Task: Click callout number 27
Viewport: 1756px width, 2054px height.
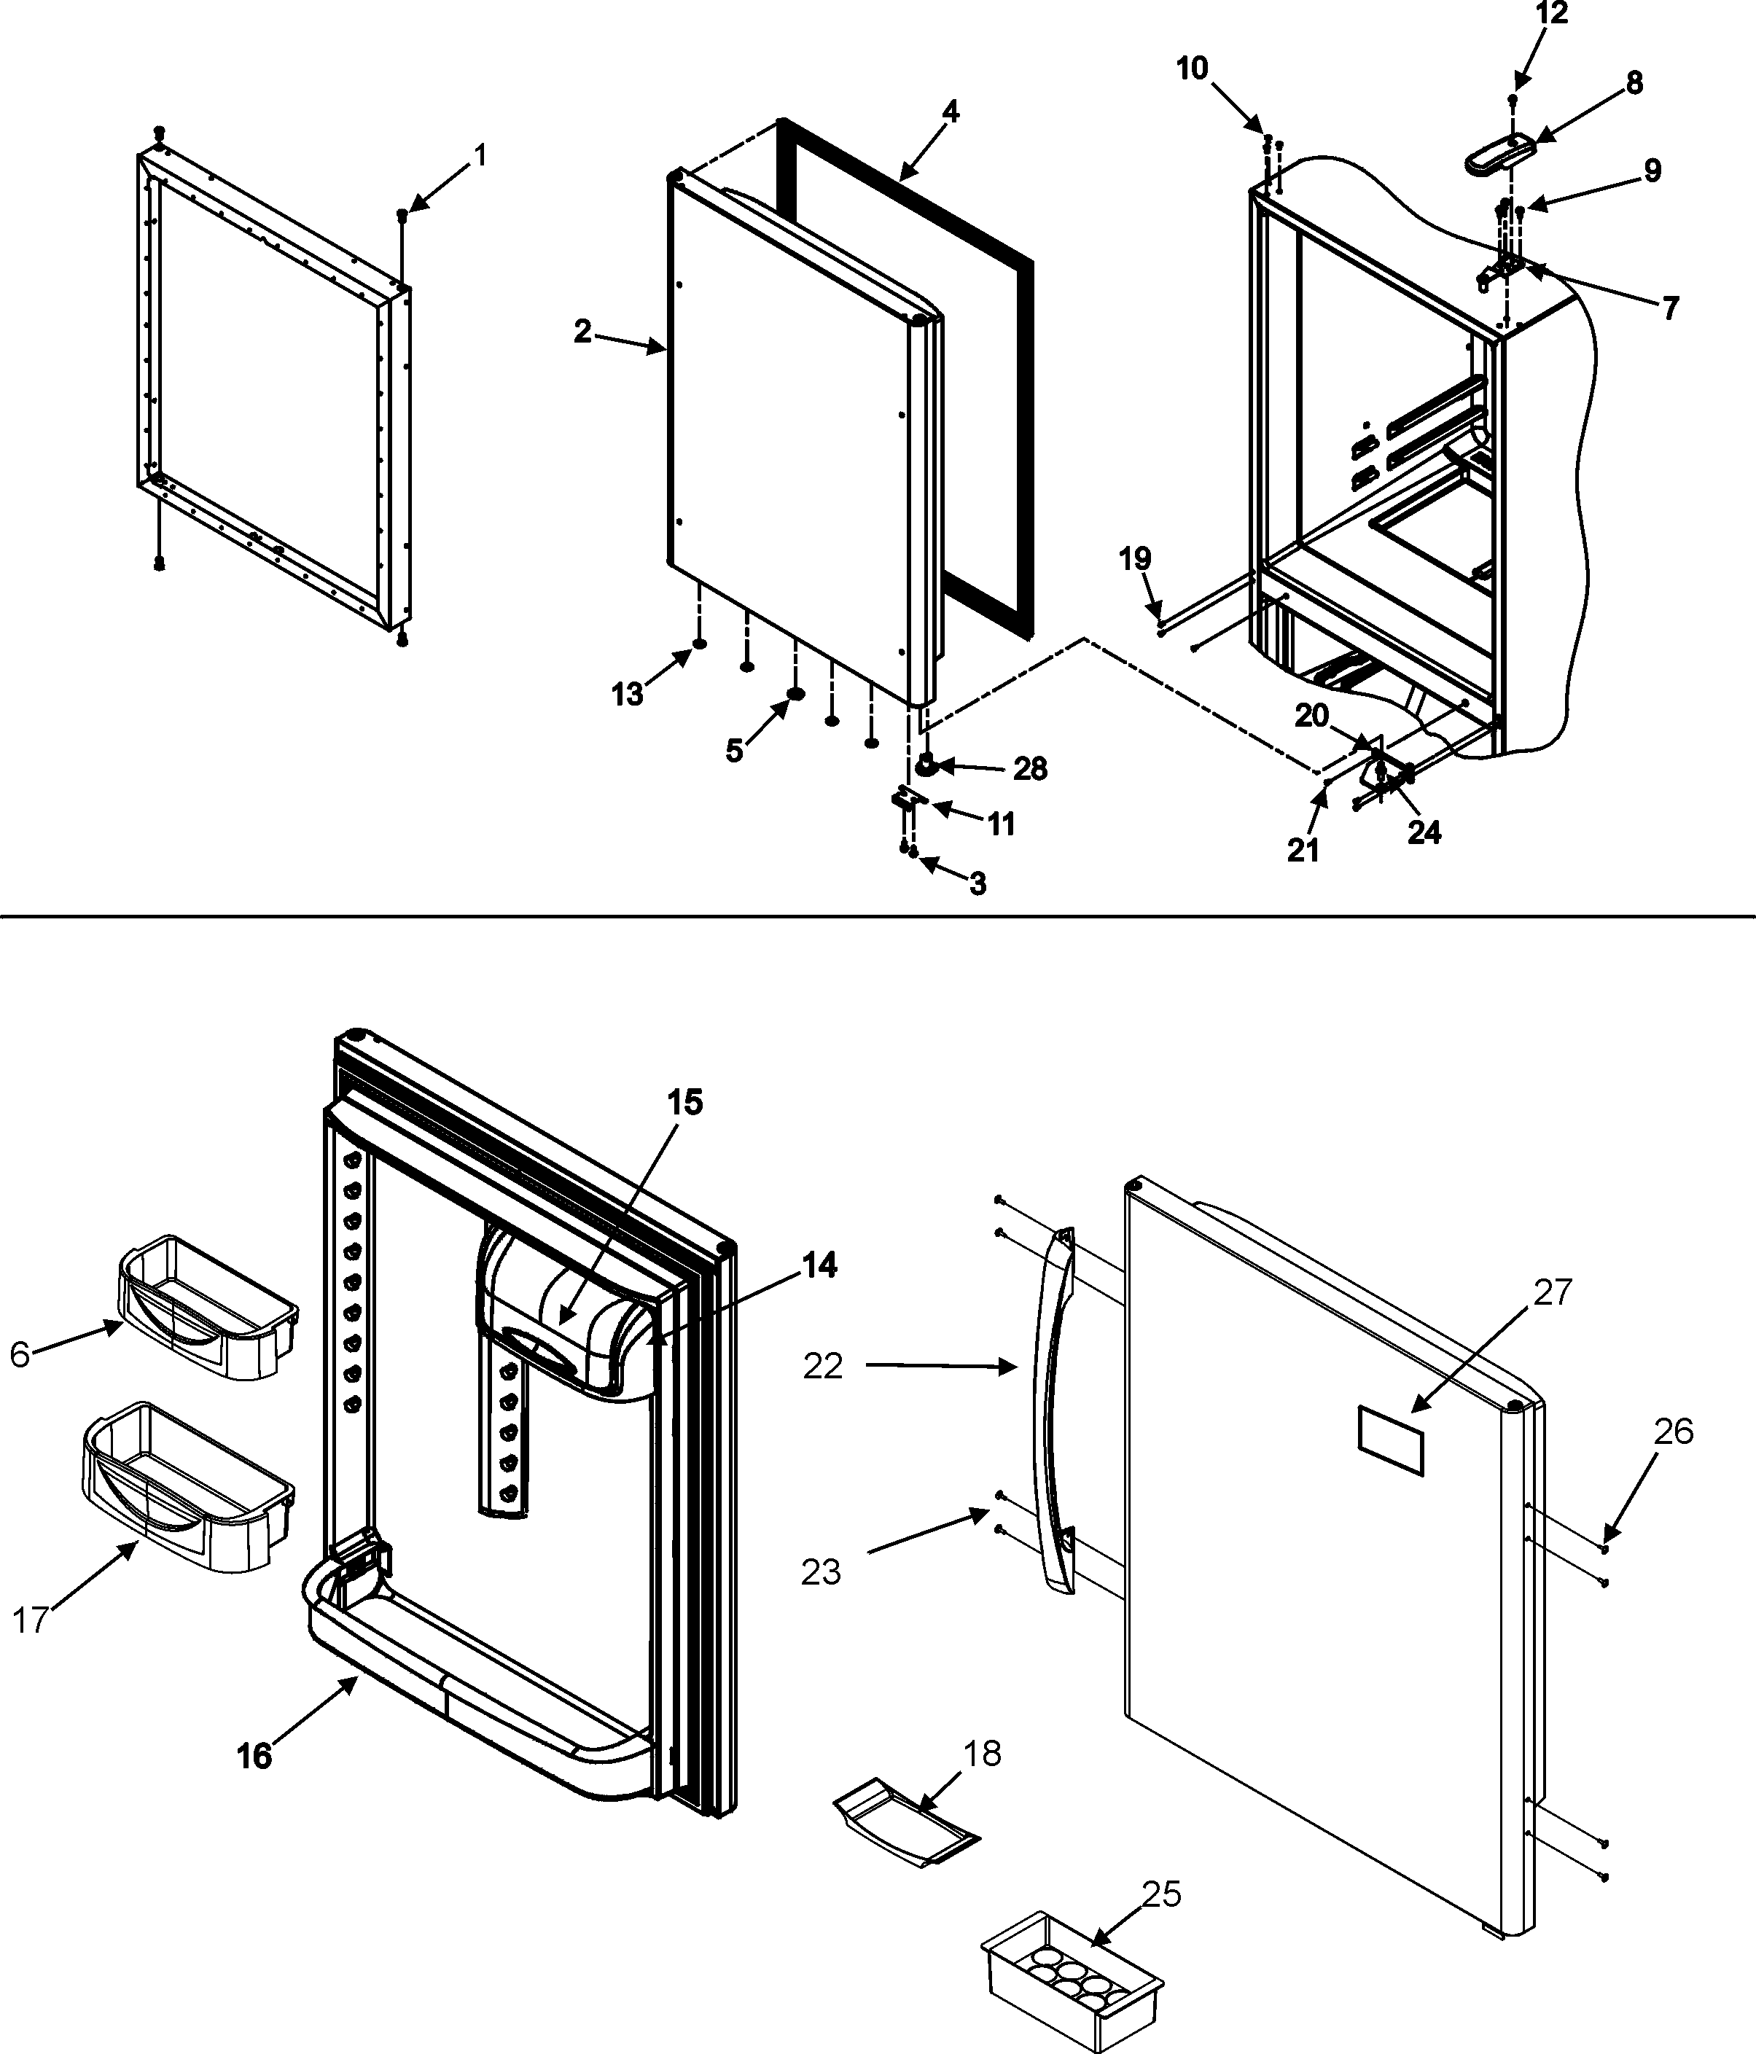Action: click(1553, 1292)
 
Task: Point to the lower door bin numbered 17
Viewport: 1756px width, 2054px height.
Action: click(188, 1487)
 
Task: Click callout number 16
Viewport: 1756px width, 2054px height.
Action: click(254, 1756)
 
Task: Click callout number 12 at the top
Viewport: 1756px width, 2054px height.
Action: click(1552, 14)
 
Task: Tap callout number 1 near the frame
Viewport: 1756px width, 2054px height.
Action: click(480, 156)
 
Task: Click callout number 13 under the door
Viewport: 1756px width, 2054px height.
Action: click(627, 695)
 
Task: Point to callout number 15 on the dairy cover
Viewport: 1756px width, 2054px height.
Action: click(684, 1102)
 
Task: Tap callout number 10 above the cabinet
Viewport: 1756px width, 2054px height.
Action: click(1192, 69)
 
